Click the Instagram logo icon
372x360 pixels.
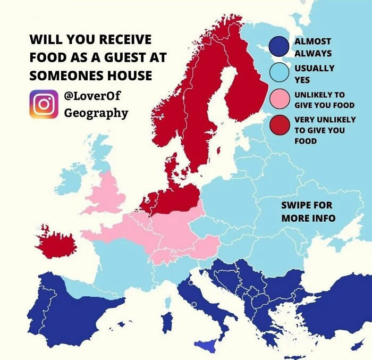(44, 104)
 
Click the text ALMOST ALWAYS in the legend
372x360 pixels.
(313, 47)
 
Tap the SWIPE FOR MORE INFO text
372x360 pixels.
(308, 212)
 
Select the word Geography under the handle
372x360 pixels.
(96, 113)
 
